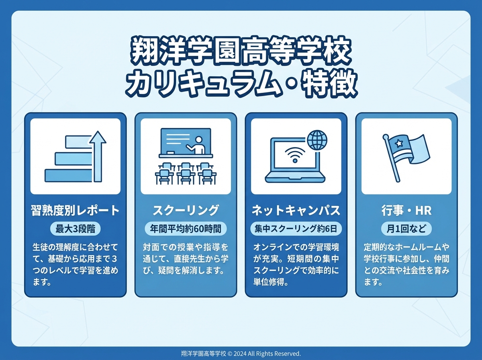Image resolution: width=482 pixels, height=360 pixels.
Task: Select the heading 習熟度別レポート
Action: tap(75, 210)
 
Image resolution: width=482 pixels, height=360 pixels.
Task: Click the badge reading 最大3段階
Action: tap(75, 229)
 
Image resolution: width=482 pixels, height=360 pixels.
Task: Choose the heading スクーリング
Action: tap(186, 210)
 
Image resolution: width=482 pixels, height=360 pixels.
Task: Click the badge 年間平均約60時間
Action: tap(186, 229)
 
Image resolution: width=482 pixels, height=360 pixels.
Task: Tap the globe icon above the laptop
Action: tap(317, 140)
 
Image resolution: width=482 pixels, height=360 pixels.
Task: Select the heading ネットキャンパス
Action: tap(296, 210)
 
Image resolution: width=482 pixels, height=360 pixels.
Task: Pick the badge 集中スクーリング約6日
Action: tap(296, 229)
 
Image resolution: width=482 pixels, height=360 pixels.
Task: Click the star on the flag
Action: tap(399, 143)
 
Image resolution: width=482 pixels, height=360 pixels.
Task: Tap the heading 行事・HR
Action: tap(406, 210)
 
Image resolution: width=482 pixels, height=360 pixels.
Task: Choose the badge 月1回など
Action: tap(406, 229)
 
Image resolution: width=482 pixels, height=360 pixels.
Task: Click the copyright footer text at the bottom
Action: tap(241, 354)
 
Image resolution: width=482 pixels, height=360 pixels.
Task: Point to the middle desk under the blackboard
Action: tap(185, 173)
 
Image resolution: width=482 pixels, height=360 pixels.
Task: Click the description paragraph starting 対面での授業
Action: tap(186, 258)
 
